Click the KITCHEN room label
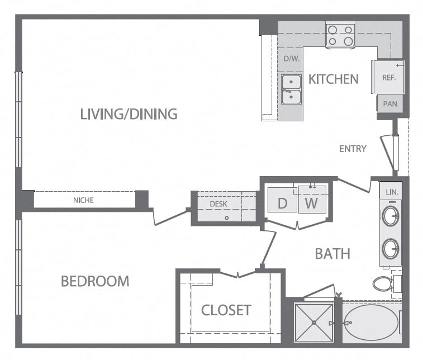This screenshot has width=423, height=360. click(x=334, y=79)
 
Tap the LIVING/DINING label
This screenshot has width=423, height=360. click(x=129, y=114)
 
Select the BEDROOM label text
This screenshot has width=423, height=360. click(x=95, y=281)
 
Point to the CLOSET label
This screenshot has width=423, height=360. click(x=226, y=310)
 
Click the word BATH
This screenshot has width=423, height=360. click(x=332, y=254)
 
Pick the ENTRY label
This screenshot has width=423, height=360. click(x=353, y=149)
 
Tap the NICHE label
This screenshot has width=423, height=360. click(x=83, y=200)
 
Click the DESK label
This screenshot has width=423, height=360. click(x=218, y=204)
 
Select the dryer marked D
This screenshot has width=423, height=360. click(x=282, y=200)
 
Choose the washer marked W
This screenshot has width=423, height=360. click(x=312, y=199)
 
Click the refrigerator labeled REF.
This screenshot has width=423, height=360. click(x=388, y=77)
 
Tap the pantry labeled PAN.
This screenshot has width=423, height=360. click(x=390, y=103)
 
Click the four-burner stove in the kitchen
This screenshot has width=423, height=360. click(x=340, y=35)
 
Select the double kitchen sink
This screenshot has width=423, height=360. click(x=291, y=89)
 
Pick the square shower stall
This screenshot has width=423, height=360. click(x=314, y=323)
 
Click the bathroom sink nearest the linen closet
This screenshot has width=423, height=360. click(x=391, y=216)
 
